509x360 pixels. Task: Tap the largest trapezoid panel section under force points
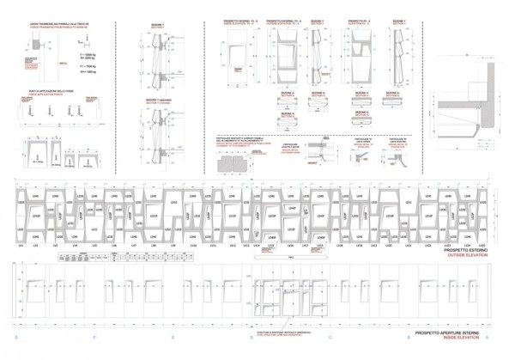tap(39, 151)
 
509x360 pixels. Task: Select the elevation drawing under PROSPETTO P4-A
tap(358, 56)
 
